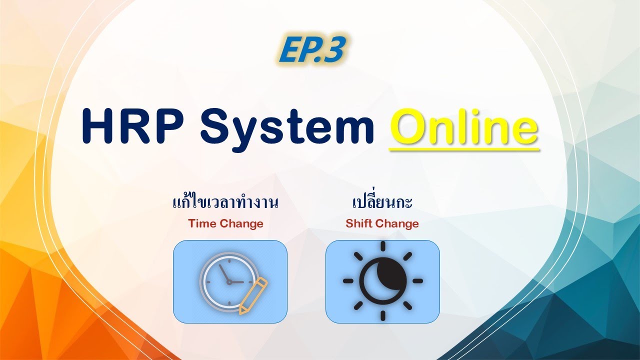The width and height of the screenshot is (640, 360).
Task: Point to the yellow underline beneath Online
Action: click(463, 148)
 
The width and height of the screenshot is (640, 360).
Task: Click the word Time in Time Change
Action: click(202, 223)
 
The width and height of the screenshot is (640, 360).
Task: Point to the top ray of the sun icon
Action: click(382, 246)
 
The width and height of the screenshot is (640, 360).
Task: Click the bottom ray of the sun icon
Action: click(382, 315)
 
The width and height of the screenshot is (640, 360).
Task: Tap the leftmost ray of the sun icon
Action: click(348, 281)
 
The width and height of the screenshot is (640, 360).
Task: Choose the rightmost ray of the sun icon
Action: click(417, 281)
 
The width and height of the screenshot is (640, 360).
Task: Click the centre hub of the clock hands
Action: click(229, 282)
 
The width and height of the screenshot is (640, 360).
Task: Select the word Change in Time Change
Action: click(241, 223)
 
